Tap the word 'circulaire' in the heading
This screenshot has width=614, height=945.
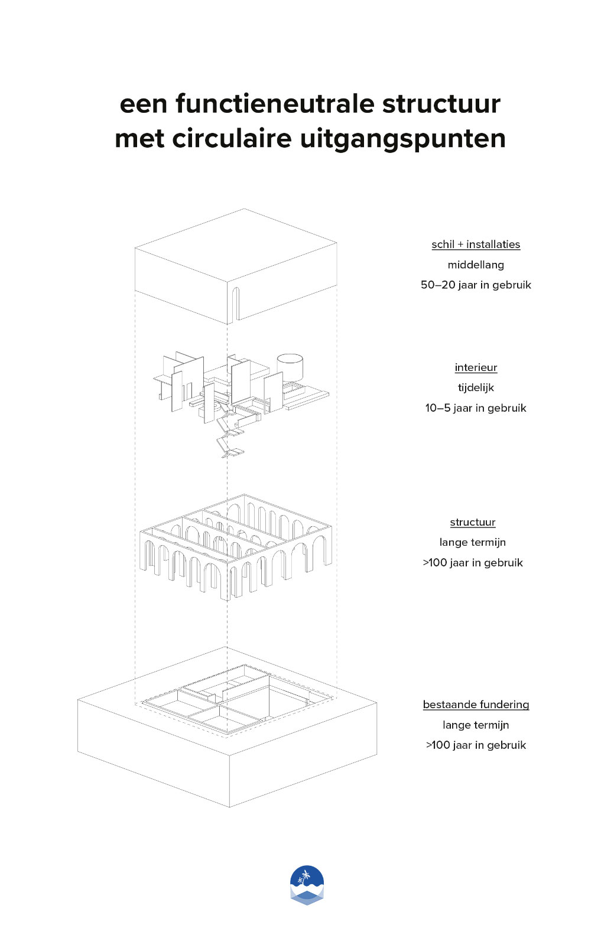click(232, 138)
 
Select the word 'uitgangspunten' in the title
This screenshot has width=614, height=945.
click(402, 140)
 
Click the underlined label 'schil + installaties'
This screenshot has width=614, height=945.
click(476, 245)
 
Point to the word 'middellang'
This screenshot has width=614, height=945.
click(476, 265)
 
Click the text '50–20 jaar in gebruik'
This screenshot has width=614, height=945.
click(476, 285)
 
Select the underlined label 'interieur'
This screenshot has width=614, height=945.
click(476, 367)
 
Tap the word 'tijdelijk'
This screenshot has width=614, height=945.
click(476, 387)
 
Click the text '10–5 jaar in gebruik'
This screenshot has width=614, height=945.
click(476, 408)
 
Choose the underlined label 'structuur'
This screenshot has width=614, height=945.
click(473, 522)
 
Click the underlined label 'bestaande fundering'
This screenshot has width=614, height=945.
click(476, 705)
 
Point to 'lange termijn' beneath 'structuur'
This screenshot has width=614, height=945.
click(473, 543)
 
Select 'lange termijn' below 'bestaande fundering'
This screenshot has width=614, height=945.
click(476, 725)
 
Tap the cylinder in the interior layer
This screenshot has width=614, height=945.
click(290, 367)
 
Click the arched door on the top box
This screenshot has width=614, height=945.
click(235, 304)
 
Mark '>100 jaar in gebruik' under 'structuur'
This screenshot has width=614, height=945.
click(473, 563)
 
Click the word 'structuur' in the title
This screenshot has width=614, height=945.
click(441, 104)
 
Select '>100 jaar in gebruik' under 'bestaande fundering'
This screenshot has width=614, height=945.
click(476, 745)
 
